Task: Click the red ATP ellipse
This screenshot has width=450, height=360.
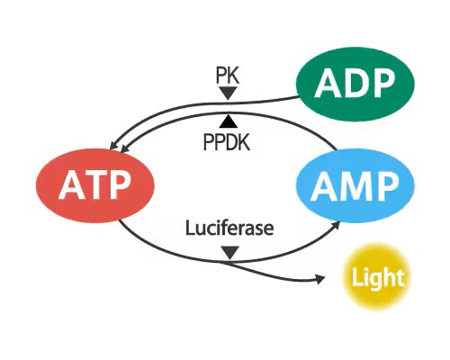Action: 94,186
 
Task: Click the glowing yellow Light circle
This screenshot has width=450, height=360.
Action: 377,277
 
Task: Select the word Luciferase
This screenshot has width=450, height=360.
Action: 229,229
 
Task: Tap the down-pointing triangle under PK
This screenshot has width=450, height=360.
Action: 229,93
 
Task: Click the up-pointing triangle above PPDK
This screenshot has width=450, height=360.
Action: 229,120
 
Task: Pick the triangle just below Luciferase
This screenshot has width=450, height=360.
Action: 229,252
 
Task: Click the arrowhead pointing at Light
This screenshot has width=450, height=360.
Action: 319,280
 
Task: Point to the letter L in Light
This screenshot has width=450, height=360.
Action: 357,277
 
